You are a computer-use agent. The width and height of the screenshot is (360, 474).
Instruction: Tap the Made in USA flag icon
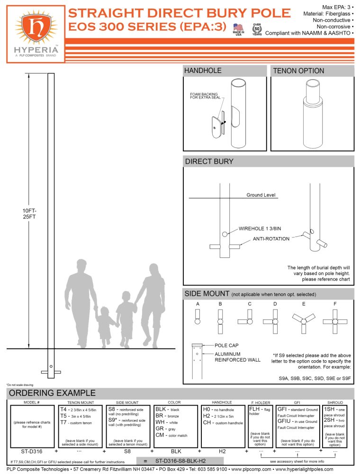click(x=238, y=28)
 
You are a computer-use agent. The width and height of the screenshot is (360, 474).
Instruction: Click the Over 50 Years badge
click(x=257, y=30)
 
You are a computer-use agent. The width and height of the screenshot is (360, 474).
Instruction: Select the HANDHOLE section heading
click(x=203, y=71)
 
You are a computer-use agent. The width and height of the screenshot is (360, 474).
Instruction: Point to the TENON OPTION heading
click(x=298, y=71)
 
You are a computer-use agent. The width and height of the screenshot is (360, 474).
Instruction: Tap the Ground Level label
click(x=261, y=195)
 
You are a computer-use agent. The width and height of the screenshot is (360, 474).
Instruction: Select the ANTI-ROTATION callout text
click(x=271, y=238)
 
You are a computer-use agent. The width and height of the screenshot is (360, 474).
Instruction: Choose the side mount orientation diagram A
click(x=198, y=318)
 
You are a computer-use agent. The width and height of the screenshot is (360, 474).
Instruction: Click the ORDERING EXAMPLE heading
click(x=52, y=393)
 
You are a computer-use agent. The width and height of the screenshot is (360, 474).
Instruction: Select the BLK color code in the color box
click(x=161, y=409)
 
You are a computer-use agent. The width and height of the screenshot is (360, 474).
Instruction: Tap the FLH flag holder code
click(x=254, y=409)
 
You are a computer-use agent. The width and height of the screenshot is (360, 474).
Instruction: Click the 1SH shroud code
click(x=328, y=409)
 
